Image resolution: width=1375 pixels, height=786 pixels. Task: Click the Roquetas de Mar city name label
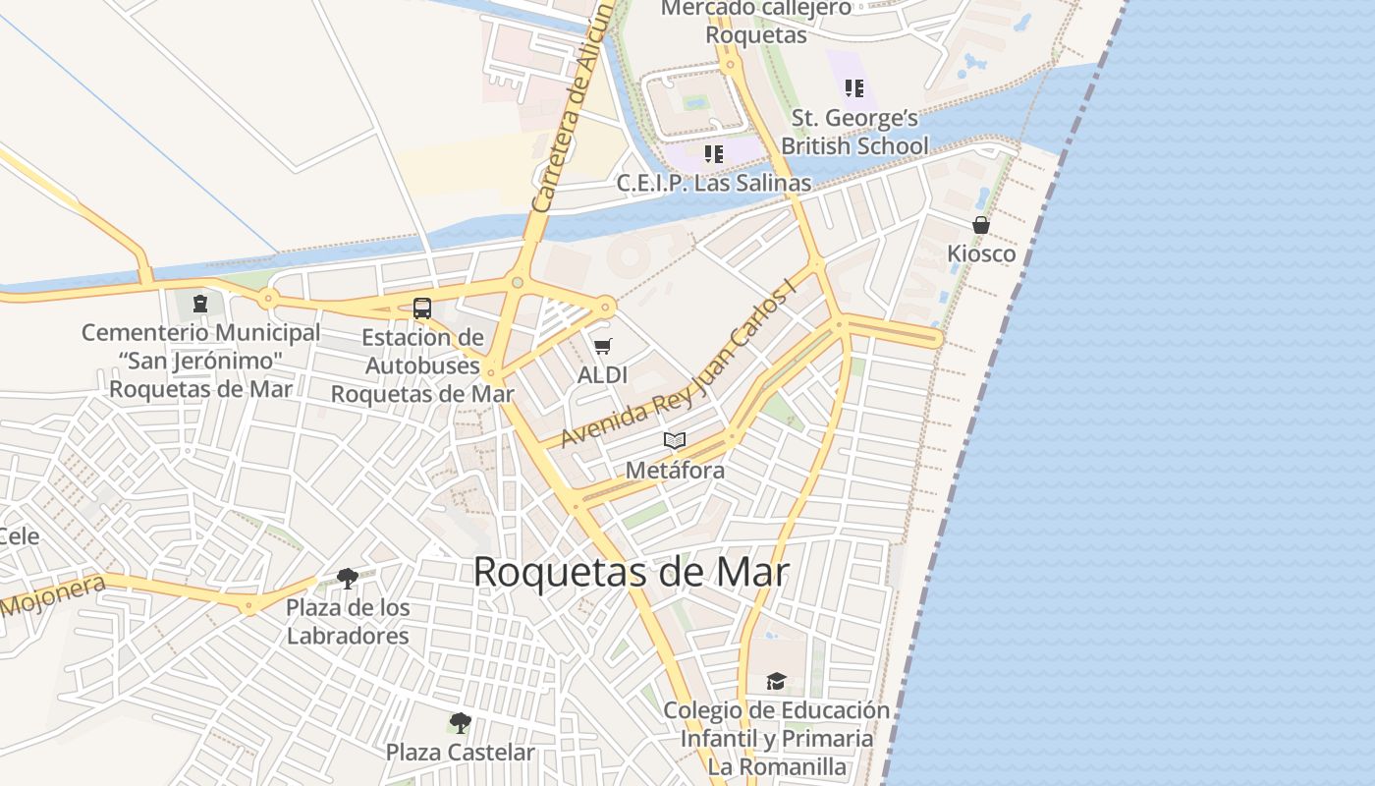[x=631, y=572]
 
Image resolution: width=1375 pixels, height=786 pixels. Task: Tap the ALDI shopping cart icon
[x=602, y=346]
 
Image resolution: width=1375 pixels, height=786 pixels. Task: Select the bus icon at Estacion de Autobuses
[x=422, y=309]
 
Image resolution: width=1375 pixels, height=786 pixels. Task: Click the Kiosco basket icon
[x=980, y=225]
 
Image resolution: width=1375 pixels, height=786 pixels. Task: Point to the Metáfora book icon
[x=674, y=440]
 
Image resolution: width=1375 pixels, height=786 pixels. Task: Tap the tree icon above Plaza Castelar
[x=460, y=724]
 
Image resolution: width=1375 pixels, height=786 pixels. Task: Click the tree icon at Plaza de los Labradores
[x=347, y=578]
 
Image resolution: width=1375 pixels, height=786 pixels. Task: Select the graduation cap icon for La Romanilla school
[x=776, y=681]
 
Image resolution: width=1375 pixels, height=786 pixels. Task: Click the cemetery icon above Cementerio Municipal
[x=200, y=303]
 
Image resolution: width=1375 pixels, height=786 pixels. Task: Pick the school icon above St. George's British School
[x=854, y=88]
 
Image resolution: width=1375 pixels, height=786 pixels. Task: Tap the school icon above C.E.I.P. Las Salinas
[x=714, y=154]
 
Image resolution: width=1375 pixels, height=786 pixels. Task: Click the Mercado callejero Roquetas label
[x=756, y=22]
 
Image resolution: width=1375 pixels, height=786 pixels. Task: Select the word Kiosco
[x=981, y=254]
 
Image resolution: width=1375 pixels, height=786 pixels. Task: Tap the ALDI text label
[x=602, y=375]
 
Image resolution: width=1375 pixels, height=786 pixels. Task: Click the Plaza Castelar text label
[x=460, y=753]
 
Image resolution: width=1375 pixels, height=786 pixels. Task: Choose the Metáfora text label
[x=675, y=471]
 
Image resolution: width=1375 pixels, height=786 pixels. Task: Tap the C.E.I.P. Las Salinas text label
[x=714, y=184]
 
